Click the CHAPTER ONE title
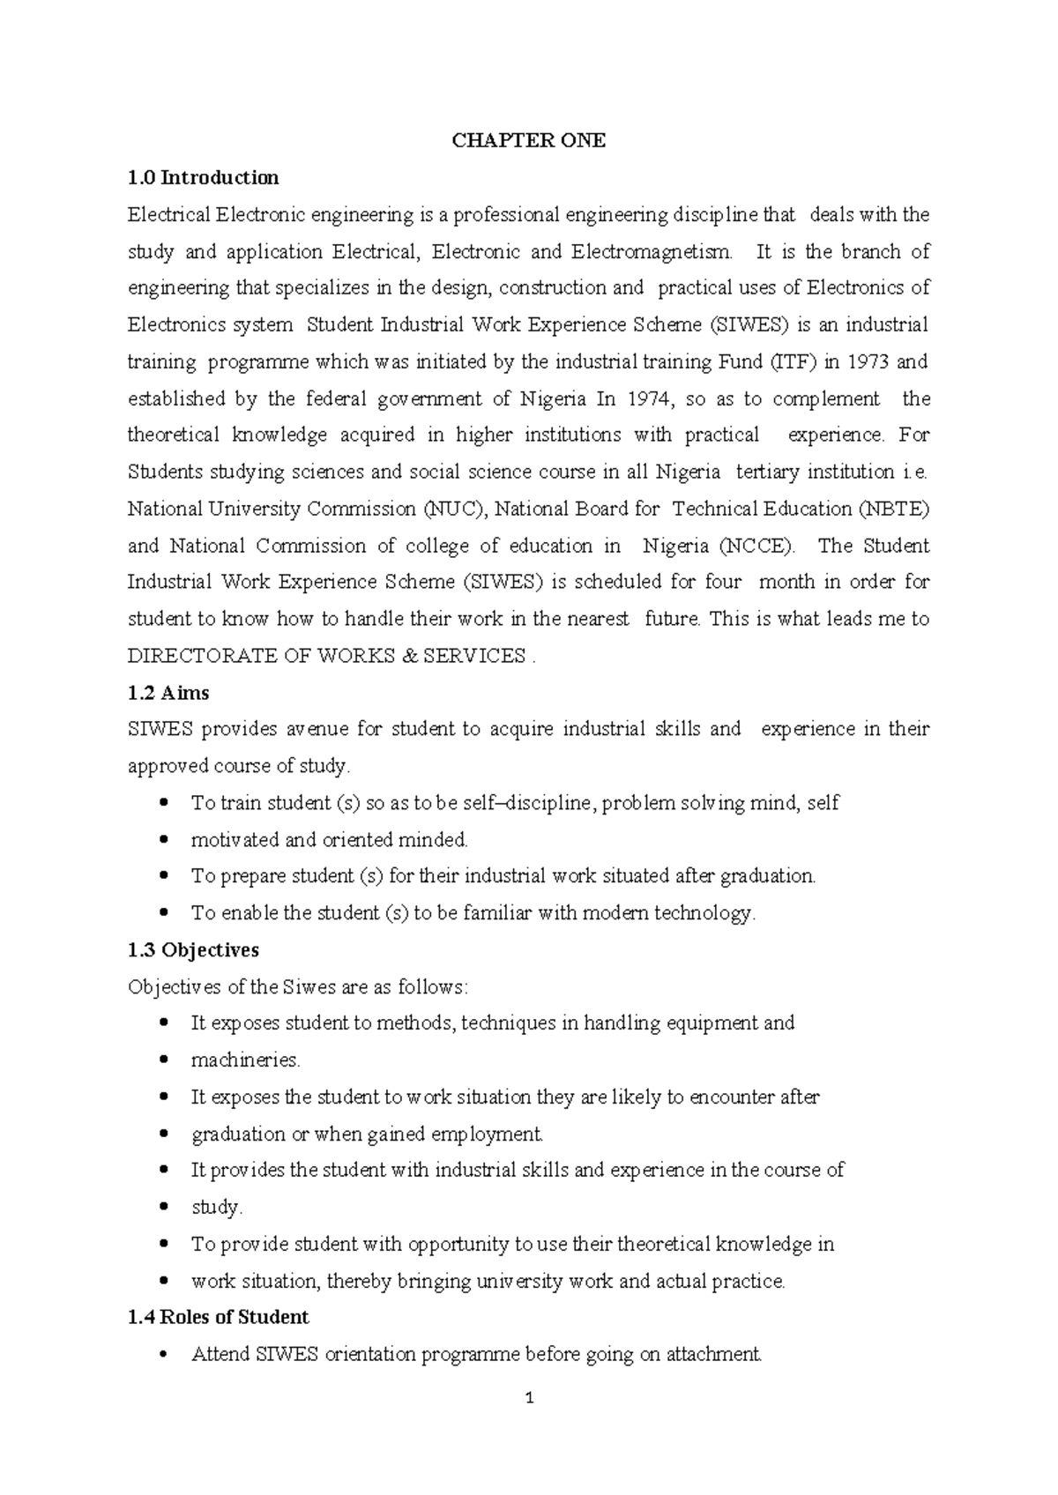(528, 141)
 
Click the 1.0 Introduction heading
(203, 178)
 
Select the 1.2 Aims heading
(168, 693)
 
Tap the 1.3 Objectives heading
(193, 950)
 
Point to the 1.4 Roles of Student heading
(218, 1317)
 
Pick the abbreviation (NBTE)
(893, 509)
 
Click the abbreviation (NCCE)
(756, 546)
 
